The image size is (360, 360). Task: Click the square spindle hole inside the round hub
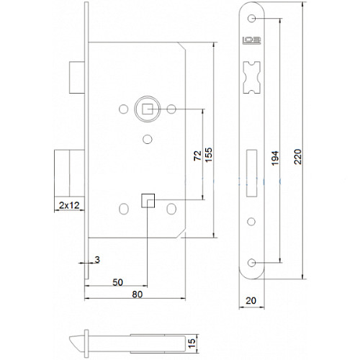(x=146, y=109)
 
